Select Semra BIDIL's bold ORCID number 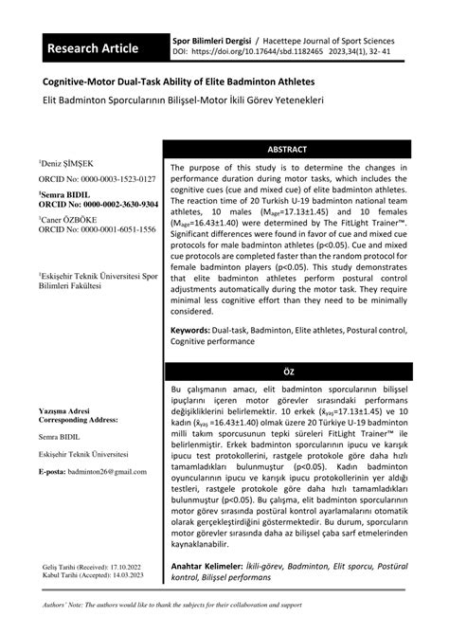coord(105,204)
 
